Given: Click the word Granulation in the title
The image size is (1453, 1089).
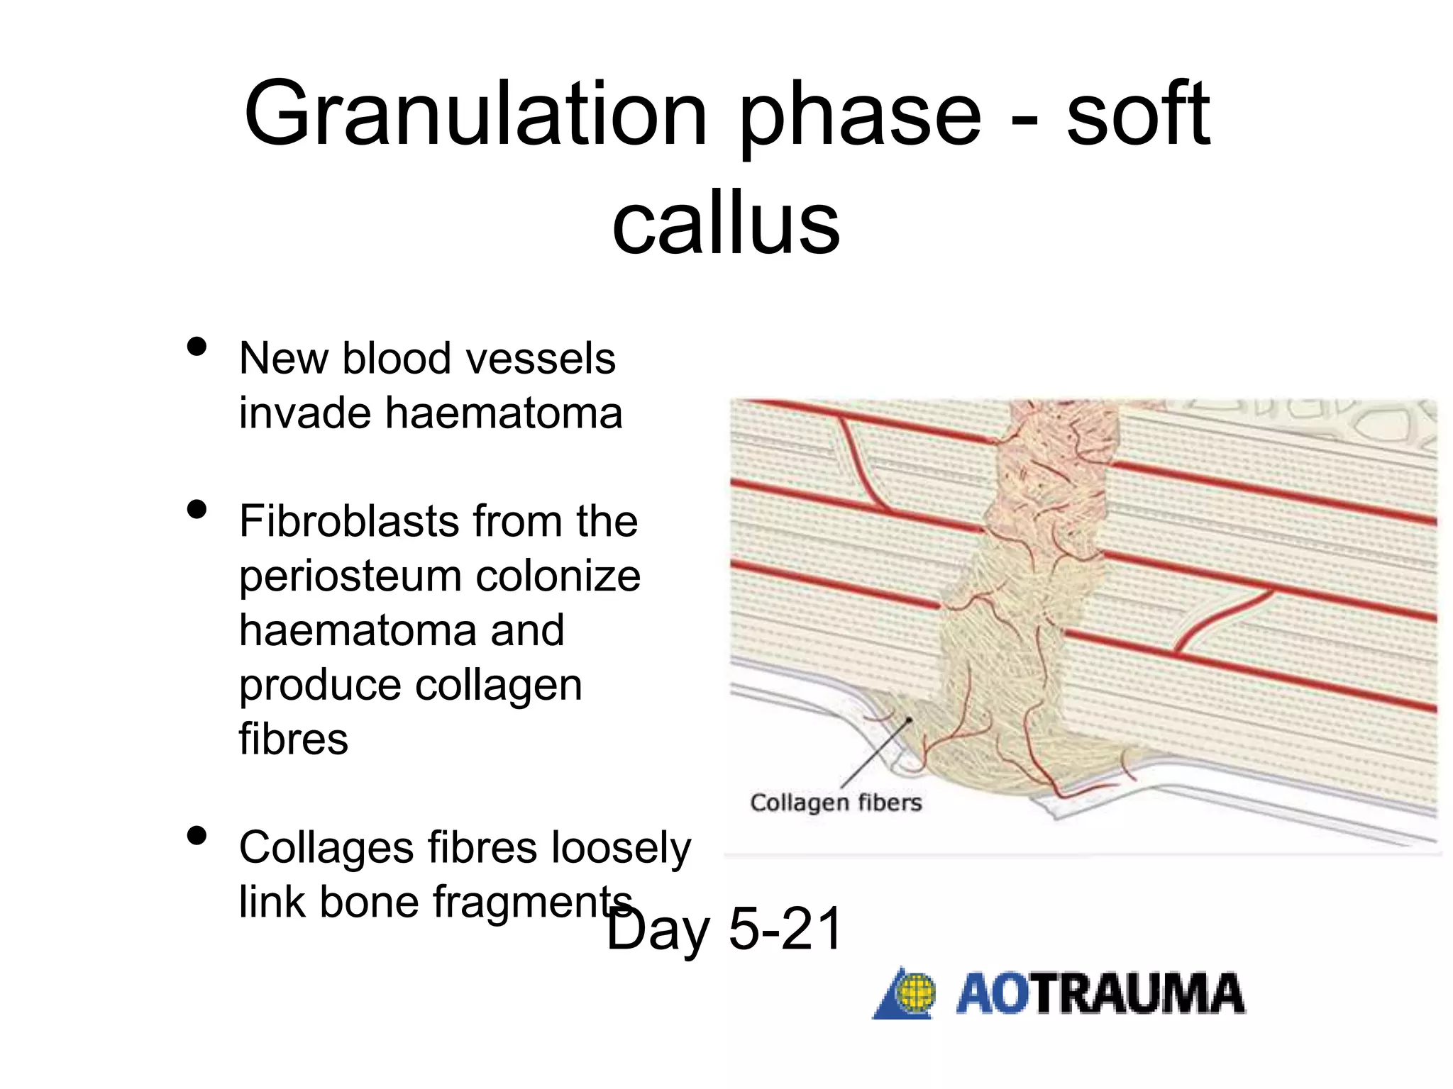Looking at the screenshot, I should tap(475, 115).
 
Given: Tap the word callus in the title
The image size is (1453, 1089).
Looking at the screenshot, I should tap(726, 224).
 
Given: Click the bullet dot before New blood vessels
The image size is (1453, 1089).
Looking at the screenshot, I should tap(197, 347).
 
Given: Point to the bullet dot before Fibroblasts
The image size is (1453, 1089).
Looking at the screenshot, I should tap(197, 509).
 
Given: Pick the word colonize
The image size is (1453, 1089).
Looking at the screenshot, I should tap(558, 576).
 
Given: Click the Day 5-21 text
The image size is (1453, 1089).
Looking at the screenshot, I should tap(725, 929).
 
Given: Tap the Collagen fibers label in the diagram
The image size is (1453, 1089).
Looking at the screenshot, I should tap(836, 803).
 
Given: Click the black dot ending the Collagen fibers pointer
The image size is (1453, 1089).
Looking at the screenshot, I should tap(909, 720).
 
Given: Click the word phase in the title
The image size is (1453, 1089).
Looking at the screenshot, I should tap(861, 115).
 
